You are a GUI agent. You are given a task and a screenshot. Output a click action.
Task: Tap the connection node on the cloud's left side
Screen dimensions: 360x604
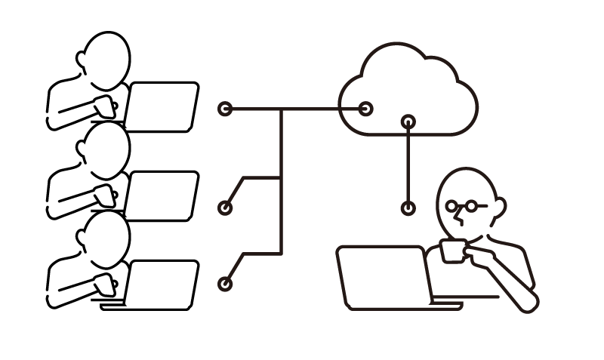(366, 109)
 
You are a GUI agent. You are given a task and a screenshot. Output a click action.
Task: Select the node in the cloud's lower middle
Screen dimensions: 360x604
(408, 121)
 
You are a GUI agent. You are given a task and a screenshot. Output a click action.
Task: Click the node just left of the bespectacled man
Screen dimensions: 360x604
(408, 208)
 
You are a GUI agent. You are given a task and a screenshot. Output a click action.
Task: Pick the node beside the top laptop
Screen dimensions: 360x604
(225, 109)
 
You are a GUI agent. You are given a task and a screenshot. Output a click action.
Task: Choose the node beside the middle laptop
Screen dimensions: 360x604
(225, 208)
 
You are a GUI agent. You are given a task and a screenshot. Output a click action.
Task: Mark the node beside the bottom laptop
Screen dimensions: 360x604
(225, 285)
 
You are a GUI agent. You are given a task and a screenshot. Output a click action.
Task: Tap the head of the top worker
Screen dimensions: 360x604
(106, 57)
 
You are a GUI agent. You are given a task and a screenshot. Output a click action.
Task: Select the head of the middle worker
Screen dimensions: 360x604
(106, 146)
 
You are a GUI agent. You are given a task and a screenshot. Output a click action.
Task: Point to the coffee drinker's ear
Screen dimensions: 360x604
(499, 205)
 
